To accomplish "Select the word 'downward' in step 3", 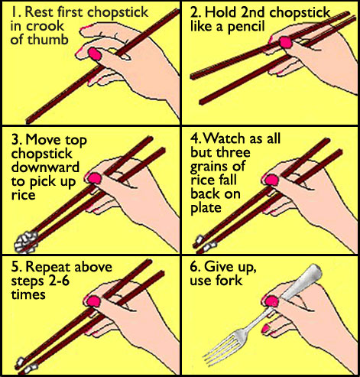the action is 45,167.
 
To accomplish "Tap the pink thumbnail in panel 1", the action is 95,54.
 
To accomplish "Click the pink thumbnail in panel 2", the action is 285,42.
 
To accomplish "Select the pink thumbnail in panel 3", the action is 95,178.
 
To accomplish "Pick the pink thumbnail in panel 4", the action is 271,180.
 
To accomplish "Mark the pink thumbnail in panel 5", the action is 93,301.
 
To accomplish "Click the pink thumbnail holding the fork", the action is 271,301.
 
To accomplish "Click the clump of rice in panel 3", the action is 26,242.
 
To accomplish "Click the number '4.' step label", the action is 196,138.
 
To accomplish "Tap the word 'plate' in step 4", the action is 206,208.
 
